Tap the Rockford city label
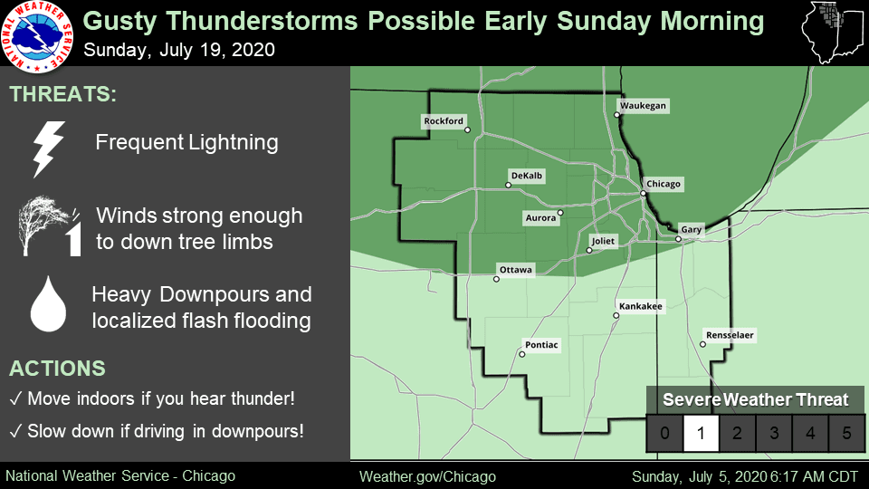coord(444,120)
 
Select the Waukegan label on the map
coord(643,106)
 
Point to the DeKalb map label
coord(527,176)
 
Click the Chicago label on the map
coord(664,184)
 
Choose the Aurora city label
coord(540,218)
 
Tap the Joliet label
coord(603,241)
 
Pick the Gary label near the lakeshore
coord(691,229)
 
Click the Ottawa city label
coord(515,270)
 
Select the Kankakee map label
coord(641,306)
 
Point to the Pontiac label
coord(541,345)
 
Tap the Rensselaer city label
coord(730,335)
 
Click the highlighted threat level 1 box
coord(701,433)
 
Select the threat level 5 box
coord(846,433)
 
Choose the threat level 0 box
coord(665,433)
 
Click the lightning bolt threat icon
coord(48,149)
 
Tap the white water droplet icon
coord(48,304)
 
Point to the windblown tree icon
coord(50,225)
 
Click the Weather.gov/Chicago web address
coord(427,477)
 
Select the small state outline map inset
coord(834,33)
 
